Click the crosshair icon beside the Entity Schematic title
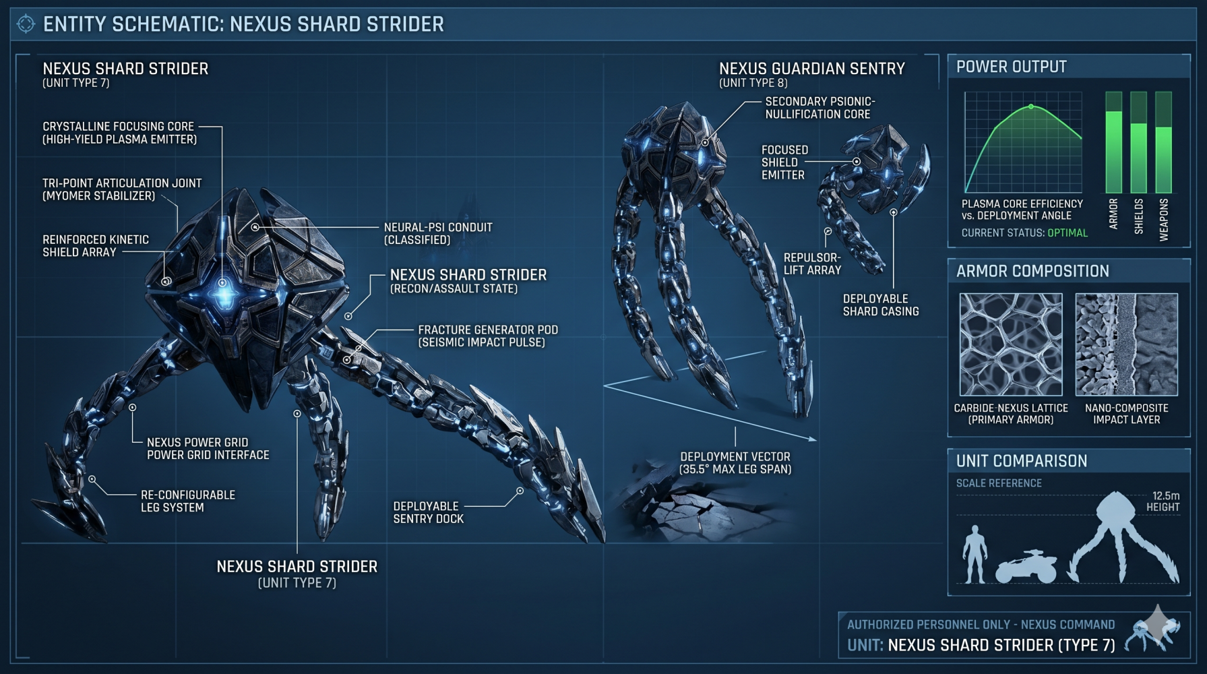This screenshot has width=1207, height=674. coord(26,24)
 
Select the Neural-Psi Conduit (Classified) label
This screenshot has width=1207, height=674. coord(438,233)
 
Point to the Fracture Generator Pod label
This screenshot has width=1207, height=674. coord(488,336)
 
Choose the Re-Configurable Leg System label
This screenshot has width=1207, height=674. coord(188,501)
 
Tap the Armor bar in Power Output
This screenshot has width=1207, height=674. coord(1113,143)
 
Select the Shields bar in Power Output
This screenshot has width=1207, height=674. coord(1138,143)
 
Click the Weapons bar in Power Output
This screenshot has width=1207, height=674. coord(1164,143)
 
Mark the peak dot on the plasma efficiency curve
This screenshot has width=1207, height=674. coord(1031,106)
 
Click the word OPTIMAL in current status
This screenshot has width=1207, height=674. coord(1067,233)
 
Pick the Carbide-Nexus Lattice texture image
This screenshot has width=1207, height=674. coord(1011,344)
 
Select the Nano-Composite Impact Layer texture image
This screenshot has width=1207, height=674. coord(1127,344)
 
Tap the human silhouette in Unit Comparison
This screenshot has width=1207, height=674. coord(975,554)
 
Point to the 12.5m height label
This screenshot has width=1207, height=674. coord(1163,501)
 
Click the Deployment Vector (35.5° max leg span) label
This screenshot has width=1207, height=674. coord(735,463)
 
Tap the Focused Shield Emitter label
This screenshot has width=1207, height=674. coord(784,162)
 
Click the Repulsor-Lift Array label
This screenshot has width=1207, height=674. coord(812,264)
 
